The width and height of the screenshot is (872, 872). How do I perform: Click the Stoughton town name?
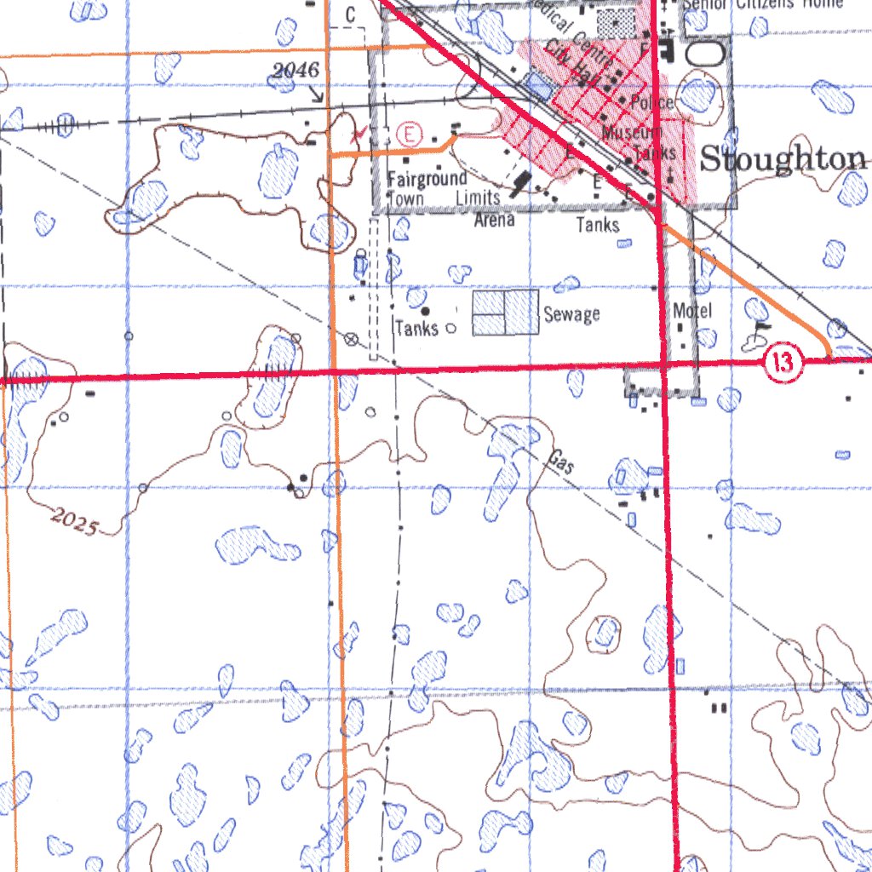coord(783,159)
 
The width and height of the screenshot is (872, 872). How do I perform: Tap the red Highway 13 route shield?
coord(783,364)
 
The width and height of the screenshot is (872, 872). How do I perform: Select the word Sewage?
coord(571,314)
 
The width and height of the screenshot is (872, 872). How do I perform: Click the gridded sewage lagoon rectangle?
coord(506,312)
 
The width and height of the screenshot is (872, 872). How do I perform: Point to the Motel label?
coord(691,311)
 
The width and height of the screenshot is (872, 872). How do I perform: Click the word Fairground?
coord(427,179)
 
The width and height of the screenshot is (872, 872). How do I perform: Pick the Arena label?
coord(495,220)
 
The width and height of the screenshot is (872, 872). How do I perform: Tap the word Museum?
coord(630,132)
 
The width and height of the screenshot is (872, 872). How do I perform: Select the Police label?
coord(652,103)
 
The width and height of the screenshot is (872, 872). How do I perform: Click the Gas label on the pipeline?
coord(559,462)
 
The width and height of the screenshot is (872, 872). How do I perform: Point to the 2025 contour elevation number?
coord(73,520)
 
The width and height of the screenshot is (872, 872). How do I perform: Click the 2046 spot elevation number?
coord(295,71)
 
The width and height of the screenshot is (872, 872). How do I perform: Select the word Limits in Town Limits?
coord(478,198)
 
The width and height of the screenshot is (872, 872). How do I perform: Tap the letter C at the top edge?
coord(350,14)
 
